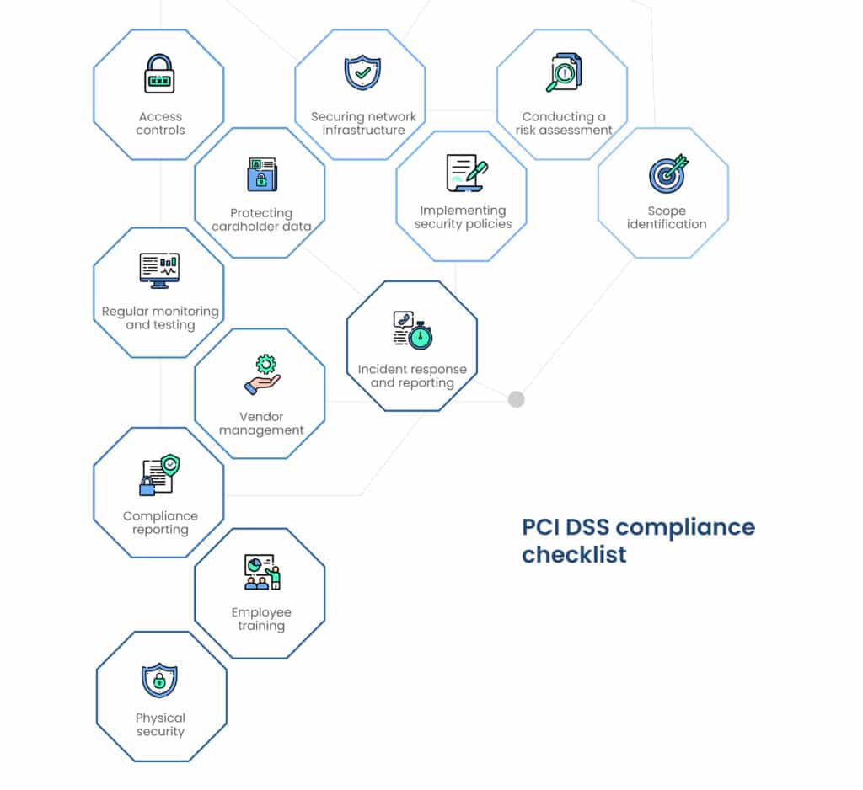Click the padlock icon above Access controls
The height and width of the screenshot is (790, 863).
point(159,74)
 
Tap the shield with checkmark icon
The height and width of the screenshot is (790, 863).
point(362,73)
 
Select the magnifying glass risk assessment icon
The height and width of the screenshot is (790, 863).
point(562,73)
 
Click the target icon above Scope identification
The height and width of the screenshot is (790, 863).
point(667,173)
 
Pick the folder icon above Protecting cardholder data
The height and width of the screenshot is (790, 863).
point(262,173)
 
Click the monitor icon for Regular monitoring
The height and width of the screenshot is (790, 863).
point(159,270)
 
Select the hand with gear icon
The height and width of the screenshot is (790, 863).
point(263,375)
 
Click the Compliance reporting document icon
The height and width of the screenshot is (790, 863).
point(159,476)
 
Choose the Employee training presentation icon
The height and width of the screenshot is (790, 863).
point(261,572)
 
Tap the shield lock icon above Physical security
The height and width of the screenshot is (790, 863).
point(159,680)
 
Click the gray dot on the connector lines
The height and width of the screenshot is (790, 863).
point(516,399)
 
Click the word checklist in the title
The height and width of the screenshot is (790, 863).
point(574,555)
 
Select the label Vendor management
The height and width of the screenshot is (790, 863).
point(261,424)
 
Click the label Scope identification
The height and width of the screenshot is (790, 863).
point(667,217)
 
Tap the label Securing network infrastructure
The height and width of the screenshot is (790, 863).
point(363,124)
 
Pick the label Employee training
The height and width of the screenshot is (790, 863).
point(261,619)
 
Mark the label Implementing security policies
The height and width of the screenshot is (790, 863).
point(463,217)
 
